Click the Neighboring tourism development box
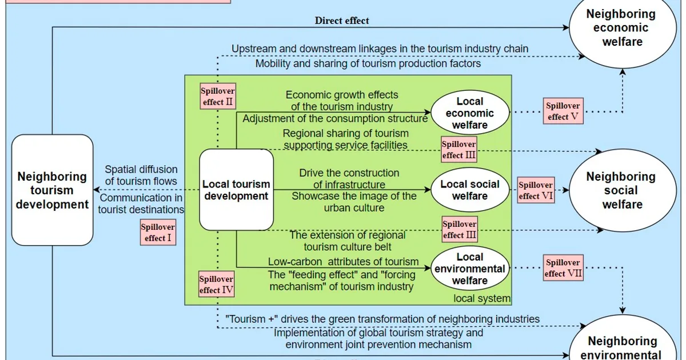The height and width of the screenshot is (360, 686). [x=53, y=190]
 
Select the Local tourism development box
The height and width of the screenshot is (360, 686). [x=237, y=190]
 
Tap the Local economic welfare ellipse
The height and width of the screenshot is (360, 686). [x=470, y=113]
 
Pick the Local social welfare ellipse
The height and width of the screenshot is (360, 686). [x=470, y=190]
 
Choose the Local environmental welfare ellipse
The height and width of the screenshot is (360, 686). [x=470, y=269]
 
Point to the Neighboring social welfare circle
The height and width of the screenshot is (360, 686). [x=623, y=190]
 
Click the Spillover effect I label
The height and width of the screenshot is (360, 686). [x=158, y=233]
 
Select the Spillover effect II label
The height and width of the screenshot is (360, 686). [x=218, y=96]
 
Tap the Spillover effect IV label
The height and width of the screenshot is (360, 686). [x=217, y=284]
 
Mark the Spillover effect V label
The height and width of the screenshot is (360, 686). [x=563, y=111]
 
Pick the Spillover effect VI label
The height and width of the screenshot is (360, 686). [x=536, y=190]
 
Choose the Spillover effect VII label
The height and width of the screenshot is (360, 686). [x=563, y=268]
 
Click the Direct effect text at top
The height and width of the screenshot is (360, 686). [x=342, y=21]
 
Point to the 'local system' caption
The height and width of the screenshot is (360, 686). [x=482, y=298]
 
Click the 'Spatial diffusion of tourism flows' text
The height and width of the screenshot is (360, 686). [x=141, y=175]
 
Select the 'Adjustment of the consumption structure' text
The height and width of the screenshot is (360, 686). [x=335, y=118]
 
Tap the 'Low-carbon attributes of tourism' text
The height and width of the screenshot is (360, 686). [x=344, y=262]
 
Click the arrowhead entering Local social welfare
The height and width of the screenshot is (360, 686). [x=428, y=190]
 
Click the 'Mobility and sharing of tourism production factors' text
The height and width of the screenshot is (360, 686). [x=368, y=63]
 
